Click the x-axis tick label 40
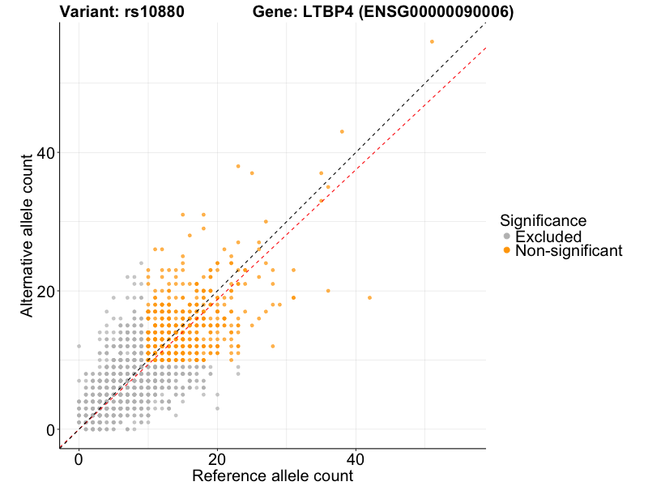[x=356, y=458]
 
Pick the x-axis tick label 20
[x=217, y=458]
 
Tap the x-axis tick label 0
[x=79, y=458]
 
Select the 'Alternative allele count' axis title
[x=28, y=235]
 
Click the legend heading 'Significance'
[x=543, y=220]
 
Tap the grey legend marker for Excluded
[x=507, y=237]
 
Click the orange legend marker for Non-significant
[x=507, y=251]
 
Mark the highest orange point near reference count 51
[x=432, y=41]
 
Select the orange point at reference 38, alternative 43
[x=342, y=131]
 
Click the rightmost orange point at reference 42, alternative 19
[x=369, y=297]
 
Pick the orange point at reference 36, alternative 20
[x=328, y=291]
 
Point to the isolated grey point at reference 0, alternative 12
[x=79, y=346]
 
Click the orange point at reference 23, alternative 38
[x=238, y=166]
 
